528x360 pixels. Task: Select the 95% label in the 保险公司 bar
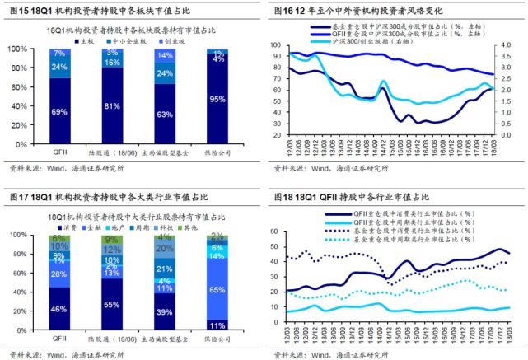coord(218,99)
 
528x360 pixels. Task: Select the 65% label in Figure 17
coord(218,290)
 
